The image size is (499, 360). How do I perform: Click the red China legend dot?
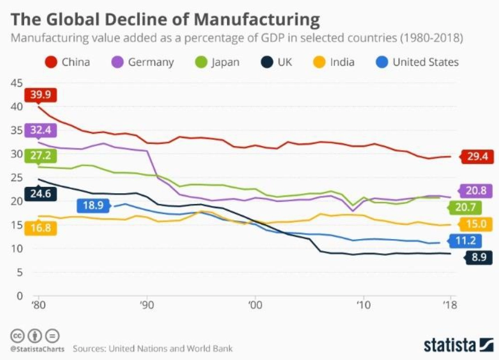(51, 62)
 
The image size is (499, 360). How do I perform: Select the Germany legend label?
(151, 62)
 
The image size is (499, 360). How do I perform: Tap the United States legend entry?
(425, 62)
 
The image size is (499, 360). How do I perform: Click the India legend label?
(342, 62)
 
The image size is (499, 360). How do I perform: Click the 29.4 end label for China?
(477, 156)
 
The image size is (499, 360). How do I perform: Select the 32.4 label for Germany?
(41, 130)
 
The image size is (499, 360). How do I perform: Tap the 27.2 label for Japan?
(41, 155)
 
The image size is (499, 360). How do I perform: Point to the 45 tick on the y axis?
(17, 83)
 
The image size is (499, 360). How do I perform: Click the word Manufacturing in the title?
(256, 19)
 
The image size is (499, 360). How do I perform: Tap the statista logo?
(458, 345)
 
